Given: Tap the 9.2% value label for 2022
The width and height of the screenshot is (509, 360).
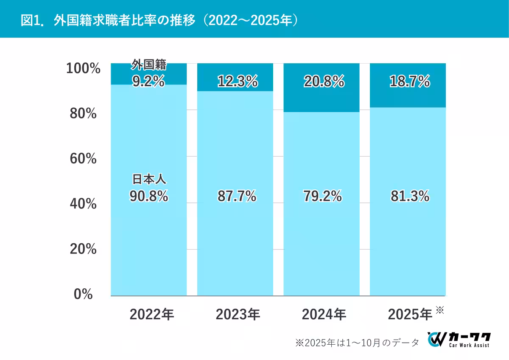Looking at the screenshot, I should pyautogui.click(x=148, y=81).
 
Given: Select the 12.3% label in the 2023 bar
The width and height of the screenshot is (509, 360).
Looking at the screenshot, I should pyautogui.click(x=237, y=81).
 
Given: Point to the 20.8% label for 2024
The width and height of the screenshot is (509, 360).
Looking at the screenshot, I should pyautogui.click(x=324, y=81).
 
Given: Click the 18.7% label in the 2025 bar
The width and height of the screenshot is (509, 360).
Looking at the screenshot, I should pyautogui.click(x=410, y=81).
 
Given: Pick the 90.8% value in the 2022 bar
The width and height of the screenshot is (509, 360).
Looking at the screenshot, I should pyautogui.click(x=148, y=196).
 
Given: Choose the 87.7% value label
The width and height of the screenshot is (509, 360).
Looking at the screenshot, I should pyautogui.click(x=237, y=196).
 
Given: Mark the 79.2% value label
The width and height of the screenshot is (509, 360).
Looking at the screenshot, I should pyautogui.click(x=323, y=196).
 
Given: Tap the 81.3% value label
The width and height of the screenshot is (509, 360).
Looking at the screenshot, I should pyautogui.click(x=410, y=196).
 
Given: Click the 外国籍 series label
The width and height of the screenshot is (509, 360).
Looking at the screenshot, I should pyautogui.click(x=148, y=65).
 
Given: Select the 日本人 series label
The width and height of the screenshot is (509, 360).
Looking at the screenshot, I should pyautogui.click(x=148, y=180).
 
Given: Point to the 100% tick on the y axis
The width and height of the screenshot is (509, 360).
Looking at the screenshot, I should pyautogui.click(x=83, y=68).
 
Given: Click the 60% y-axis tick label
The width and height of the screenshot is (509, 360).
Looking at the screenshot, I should pyautogui.click(x=83, y=159).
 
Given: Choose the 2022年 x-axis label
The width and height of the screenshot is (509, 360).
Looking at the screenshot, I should pyautogui.click(x=152, y=315).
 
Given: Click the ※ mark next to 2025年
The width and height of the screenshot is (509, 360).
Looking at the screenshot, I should pyautogui.click(x=439, y=310).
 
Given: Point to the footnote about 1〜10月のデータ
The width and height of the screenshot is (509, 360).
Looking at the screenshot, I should pyautogui.click(x=357, y=342).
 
